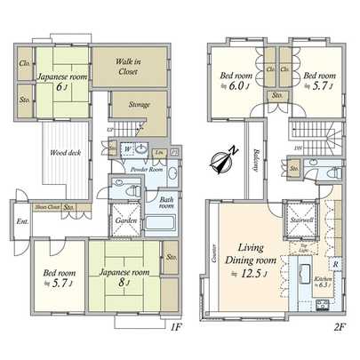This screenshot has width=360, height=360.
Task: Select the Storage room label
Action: [x=138, y=105]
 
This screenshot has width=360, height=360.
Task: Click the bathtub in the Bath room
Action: [x=166, y=213]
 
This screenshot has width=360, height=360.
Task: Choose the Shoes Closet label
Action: [x=47, y=207]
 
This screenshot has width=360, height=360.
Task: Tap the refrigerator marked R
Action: [x=334, y=265]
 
